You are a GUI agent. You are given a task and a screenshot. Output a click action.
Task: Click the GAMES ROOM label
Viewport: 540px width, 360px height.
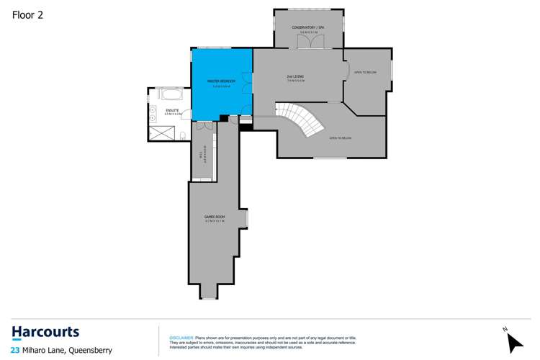[215, 217]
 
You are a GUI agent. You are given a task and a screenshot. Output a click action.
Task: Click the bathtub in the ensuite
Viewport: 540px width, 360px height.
[171, 94]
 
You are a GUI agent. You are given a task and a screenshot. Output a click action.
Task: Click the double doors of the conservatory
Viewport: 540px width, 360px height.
[309, 43]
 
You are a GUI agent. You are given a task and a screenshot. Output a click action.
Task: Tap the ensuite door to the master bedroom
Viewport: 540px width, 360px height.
[187, 114]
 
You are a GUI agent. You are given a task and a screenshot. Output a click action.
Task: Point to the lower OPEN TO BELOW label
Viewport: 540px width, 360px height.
[340, 137]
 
